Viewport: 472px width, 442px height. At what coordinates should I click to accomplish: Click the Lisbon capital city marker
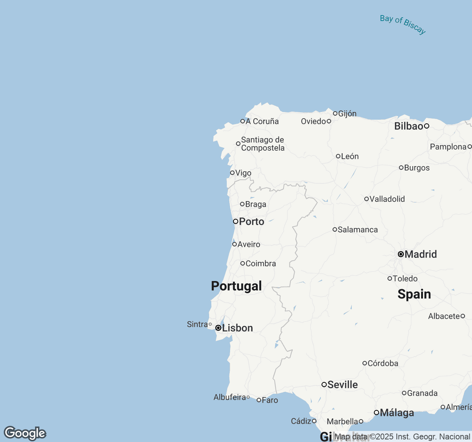[218, 328]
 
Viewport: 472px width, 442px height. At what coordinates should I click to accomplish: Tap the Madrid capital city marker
[401, 254]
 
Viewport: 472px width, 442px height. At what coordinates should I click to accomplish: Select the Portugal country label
[236, 286]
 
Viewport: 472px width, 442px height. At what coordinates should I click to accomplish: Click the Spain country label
[414, 294]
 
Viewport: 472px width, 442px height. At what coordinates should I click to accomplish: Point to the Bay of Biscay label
[403, 25]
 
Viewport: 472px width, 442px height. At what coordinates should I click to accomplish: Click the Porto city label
[251, 221]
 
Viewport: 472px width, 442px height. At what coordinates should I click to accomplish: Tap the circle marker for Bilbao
[427, 126]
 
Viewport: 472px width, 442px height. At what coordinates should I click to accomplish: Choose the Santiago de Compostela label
[263, 144]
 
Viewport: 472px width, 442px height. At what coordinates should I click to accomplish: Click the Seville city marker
[324, 385]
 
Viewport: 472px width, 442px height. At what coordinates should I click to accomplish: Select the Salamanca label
[358, 230]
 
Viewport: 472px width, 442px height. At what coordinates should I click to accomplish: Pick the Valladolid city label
[387, 199]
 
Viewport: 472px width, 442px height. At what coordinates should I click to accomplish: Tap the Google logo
[25, 433]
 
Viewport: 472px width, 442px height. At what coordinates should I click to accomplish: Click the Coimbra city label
[261, 263]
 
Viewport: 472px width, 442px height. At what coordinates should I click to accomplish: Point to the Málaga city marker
[376, 413]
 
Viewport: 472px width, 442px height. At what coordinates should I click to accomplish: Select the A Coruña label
[262, 121]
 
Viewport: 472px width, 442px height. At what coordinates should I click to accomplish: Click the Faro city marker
[259, 400]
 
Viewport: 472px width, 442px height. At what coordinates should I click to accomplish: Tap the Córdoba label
[383, 363]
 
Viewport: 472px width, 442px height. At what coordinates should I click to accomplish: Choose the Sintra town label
[197, 324]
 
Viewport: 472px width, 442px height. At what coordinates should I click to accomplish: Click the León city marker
[338, 156]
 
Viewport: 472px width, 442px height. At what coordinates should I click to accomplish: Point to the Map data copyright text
[402, 437]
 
